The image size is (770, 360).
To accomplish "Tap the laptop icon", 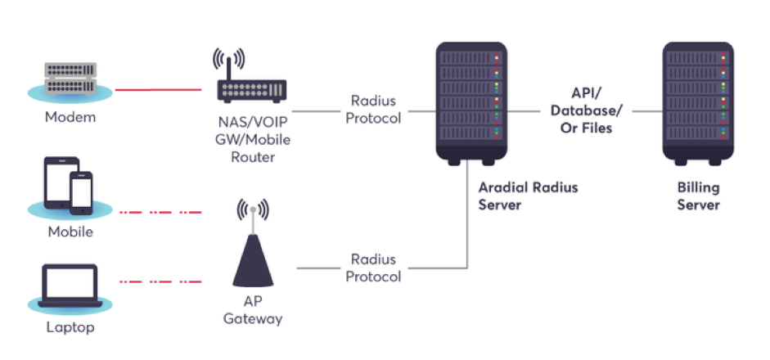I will (70, 286).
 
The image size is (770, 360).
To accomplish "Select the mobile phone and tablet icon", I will (70, 187).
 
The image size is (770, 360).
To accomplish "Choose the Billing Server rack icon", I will (697, 102).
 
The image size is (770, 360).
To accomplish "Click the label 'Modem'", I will (70, 117).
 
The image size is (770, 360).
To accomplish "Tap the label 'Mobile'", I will (70, 232).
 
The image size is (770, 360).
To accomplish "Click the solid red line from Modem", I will (159, 89).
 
